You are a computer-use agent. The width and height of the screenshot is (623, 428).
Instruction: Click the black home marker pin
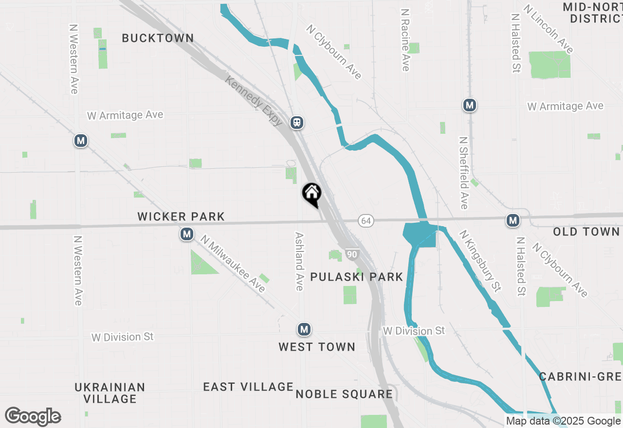click(x=311, y=194)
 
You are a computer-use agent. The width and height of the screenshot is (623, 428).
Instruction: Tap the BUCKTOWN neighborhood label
click(x=158, y=38)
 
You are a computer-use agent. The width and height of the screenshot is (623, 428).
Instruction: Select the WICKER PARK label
click(x=181, y=216)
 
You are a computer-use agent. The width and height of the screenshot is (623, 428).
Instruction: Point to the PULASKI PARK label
click(x=357, y=277)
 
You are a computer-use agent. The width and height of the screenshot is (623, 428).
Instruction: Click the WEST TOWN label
click(x=317, y=347)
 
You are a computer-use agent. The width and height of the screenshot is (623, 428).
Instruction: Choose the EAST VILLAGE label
click(x=248, y=387)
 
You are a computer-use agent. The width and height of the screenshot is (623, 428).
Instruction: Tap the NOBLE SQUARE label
click(x=344, y=394)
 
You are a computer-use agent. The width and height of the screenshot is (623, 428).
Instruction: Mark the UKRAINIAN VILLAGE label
click(x=110, y=393)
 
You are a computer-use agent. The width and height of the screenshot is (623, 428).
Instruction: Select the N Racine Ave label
click(x=405, y=39)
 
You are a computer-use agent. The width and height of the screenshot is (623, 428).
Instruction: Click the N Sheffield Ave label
click(x=464, y=173)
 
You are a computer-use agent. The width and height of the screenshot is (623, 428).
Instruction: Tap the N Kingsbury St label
click(x=480, y=261)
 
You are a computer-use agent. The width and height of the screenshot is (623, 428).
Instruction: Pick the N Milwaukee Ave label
click(x=233, y=264)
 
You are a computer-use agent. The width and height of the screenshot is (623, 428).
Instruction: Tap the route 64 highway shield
click(x=366, y=221)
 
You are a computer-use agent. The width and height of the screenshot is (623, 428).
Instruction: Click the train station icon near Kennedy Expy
click(x=297, y=123)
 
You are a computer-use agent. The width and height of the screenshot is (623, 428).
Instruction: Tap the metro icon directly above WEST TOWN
click(x=304, y=329)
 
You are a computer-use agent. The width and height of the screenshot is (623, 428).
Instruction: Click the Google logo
click(x=33, y=416)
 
